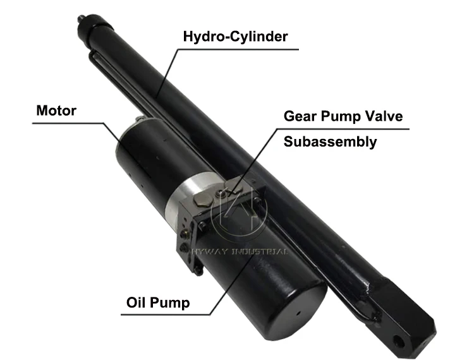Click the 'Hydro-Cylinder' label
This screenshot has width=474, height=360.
pyautogui.click(x=235, y=36)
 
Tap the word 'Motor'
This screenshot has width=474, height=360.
pyautogui.click(x=56, y=111)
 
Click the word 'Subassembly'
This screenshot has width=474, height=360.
pyautogui.click(x=330, y=141)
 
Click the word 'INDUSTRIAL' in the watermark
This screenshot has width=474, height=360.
pyautogui.click(x=260, y=251)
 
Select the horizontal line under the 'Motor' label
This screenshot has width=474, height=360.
pyautogui.click(x=63, y=124)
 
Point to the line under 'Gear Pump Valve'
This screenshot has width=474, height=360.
pyautogui.click(x=344, y=129)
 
